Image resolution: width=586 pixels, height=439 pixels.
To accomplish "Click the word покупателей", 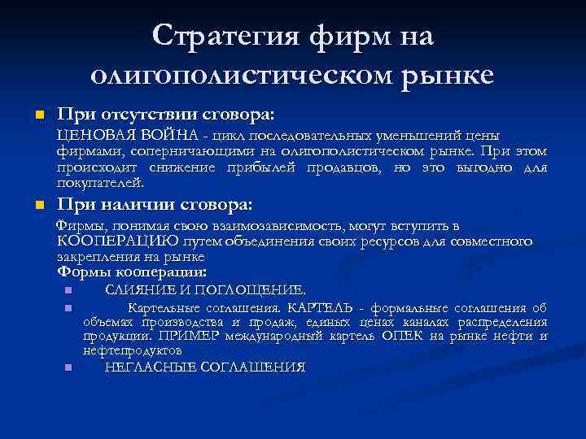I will tap(100, 182).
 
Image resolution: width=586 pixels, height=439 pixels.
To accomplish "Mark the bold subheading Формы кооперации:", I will tap(132, 272).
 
